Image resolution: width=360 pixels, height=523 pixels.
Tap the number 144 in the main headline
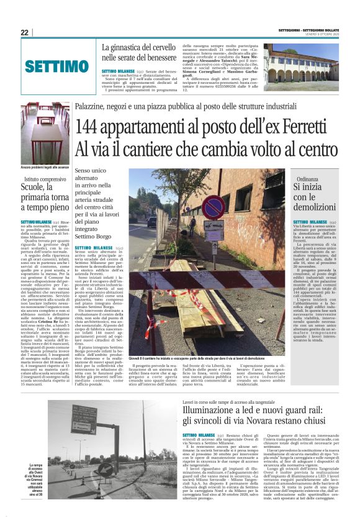92,127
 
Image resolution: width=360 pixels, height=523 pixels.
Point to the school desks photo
44,132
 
